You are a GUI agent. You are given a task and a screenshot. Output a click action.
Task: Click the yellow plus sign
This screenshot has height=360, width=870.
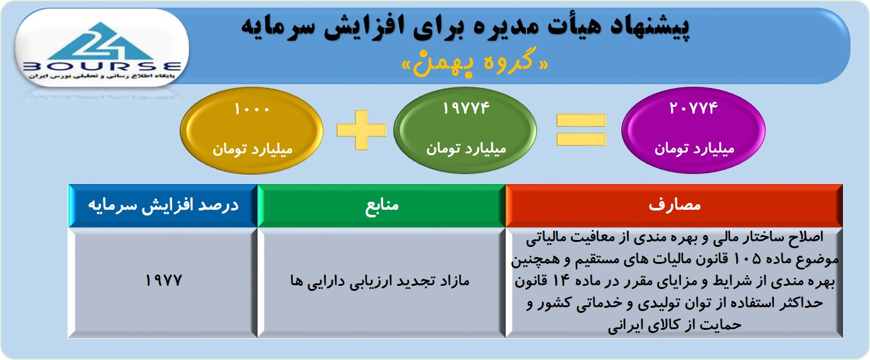[361, 130]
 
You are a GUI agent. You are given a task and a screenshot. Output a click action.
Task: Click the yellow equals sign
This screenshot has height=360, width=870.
[581, 129]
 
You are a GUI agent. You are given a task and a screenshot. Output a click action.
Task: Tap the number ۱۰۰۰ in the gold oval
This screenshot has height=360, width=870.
[252, 109]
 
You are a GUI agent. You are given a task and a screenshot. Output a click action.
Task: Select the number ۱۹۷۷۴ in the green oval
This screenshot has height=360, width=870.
[465, 108]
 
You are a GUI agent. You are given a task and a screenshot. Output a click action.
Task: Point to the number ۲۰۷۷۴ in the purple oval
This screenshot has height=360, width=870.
[693, 108]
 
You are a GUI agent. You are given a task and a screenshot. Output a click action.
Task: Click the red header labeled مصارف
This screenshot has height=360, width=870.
[674, 205]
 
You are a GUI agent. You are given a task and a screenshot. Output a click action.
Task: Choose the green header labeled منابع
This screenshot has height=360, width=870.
[381, 205]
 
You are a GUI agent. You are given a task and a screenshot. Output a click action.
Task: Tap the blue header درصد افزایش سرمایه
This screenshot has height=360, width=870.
[163, 205]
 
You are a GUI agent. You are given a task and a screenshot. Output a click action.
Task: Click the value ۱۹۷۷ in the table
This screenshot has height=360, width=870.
[163, 280]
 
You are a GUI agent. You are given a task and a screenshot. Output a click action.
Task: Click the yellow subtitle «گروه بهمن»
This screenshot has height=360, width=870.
[475, 62]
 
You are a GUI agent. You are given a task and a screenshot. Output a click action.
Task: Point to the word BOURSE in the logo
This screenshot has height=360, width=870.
[102, 67]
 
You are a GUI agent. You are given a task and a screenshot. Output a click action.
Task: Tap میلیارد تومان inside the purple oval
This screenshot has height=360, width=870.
[694, 149]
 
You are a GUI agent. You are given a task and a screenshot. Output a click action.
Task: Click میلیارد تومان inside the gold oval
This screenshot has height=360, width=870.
[252, 150]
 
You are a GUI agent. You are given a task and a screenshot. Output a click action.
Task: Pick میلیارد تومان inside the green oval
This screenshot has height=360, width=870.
[466, 149]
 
